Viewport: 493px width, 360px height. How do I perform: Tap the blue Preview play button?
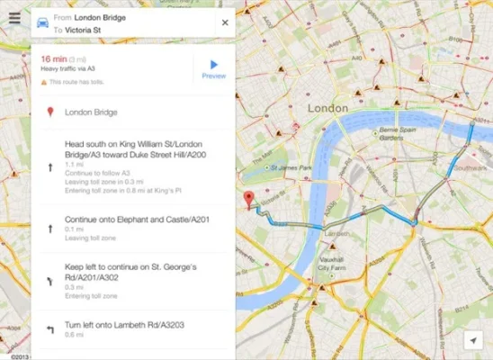[x=214, y=65]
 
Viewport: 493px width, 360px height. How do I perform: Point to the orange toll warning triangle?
[x=44, y=82]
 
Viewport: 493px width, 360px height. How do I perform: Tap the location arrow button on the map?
[x=473, y=339]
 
